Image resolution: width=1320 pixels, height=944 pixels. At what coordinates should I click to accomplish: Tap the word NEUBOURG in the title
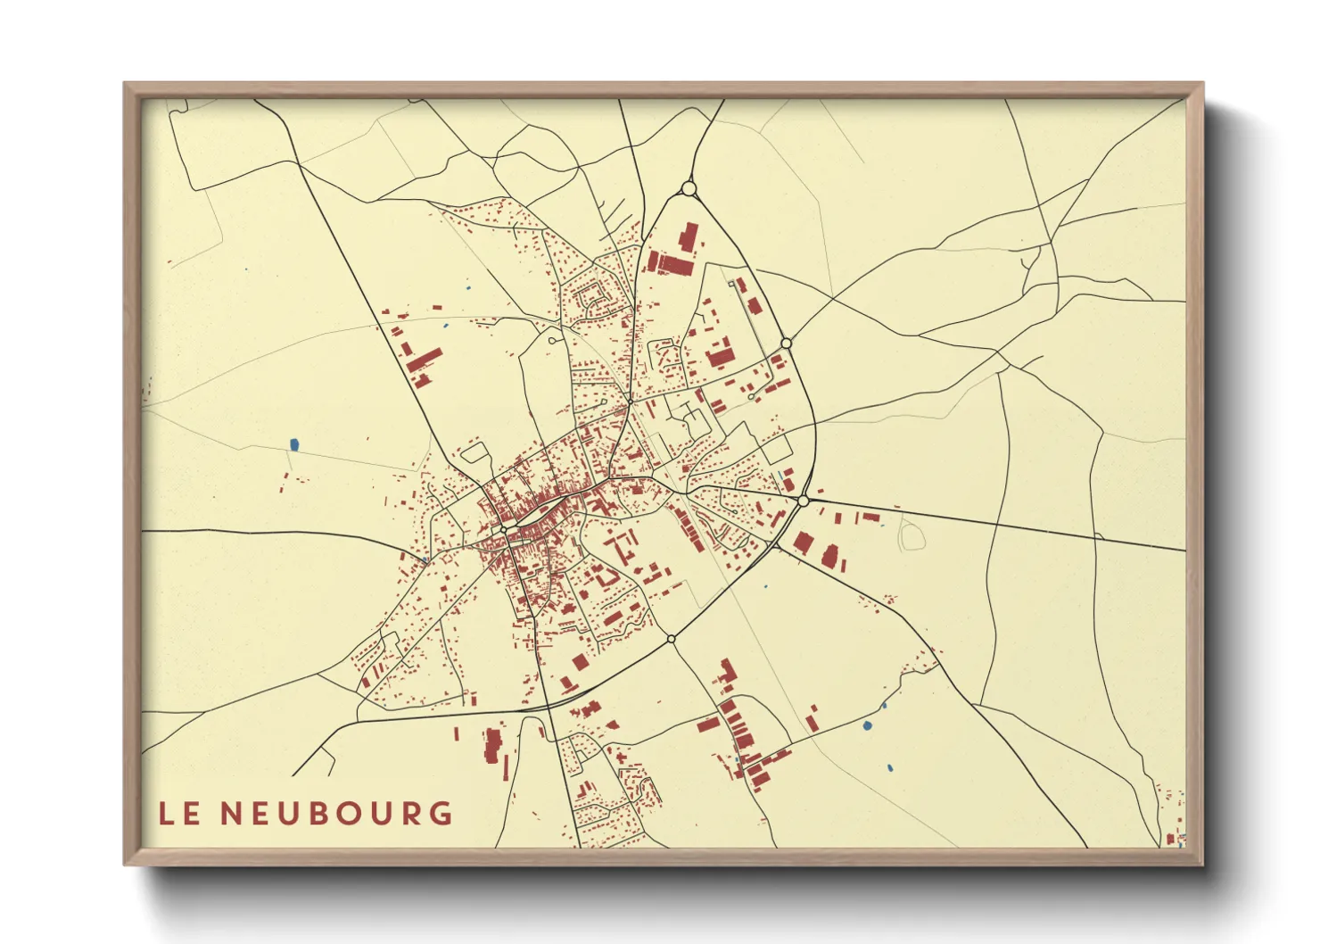click(336, 813)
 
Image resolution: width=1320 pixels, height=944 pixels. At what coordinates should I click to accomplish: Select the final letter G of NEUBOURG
click(439, 813)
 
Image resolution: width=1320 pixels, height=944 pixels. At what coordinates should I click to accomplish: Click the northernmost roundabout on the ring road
click(688, 188)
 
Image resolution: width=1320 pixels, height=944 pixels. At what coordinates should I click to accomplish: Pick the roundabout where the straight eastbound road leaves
click(803, 501)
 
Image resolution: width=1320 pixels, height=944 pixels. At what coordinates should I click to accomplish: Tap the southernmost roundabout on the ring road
click(671, 639)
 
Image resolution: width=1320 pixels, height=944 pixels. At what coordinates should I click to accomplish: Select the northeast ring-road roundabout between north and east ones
click(786, 343)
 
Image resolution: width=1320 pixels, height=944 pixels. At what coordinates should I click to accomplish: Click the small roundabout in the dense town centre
click(504, 530)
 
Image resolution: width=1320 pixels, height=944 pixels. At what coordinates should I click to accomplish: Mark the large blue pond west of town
click(294, 443)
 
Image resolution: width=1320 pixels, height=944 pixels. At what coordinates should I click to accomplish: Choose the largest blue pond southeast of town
click(867, 725)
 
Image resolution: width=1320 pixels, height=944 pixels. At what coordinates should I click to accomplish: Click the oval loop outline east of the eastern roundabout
click(912, 535)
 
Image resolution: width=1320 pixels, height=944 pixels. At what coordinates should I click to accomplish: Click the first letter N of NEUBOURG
click(230, 813)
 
